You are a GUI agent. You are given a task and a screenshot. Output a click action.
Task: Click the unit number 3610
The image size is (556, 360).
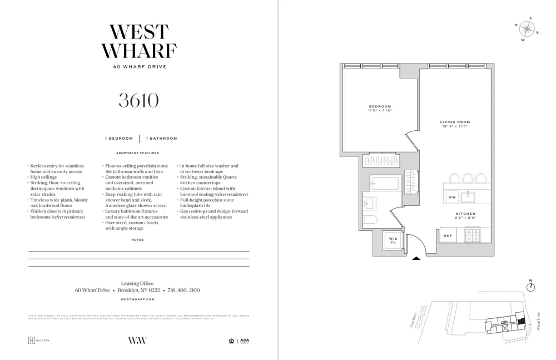click(138, 101)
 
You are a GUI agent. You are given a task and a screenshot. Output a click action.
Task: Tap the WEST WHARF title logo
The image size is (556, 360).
click(138, 41)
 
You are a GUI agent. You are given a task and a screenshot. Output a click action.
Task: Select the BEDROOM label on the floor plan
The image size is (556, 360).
click(380, 107)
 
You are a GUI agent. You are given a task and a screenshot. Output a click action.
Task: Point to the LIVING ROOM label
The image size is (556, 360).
click(455, 122)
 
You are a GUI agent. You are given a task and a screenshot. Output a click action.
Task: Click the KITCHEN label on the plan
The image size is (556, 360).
click(465, 214)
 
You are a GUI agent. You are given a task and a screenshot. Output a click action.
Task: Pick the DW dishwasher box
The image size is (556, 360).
click(452, 197)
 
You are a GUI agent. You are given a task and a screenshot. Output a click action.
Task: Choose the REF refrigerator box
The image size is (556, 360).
click(448, 235)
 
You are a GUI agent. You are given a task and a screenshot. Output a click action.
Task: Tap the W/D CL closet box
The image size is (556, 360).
click(393, 240)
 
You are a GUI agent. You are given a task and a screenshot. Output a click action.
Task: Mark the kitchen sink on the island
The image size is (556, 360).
click(468, 196)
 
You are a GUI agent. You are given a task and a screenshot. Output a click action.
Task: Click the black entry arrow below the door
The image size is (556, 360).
click(416, 258)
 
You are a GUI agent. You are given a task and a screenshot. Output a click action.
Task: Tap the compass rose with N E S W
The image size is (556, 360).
click(526, 29)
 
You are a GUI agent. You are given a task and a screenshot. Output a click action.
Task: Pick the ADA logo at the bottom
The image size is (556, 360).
click(244, 341)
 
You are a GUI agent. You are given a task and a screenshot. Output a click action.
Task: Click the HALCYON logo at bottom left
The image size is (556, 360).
click(39, 341)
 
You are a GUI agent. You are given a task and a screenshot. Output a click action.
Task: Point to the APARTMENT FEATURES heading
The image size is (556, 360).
click(137, 153)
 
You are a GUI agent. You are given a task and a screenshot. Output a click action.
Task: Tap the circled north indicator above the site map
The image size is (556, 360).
click(530, 287)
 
